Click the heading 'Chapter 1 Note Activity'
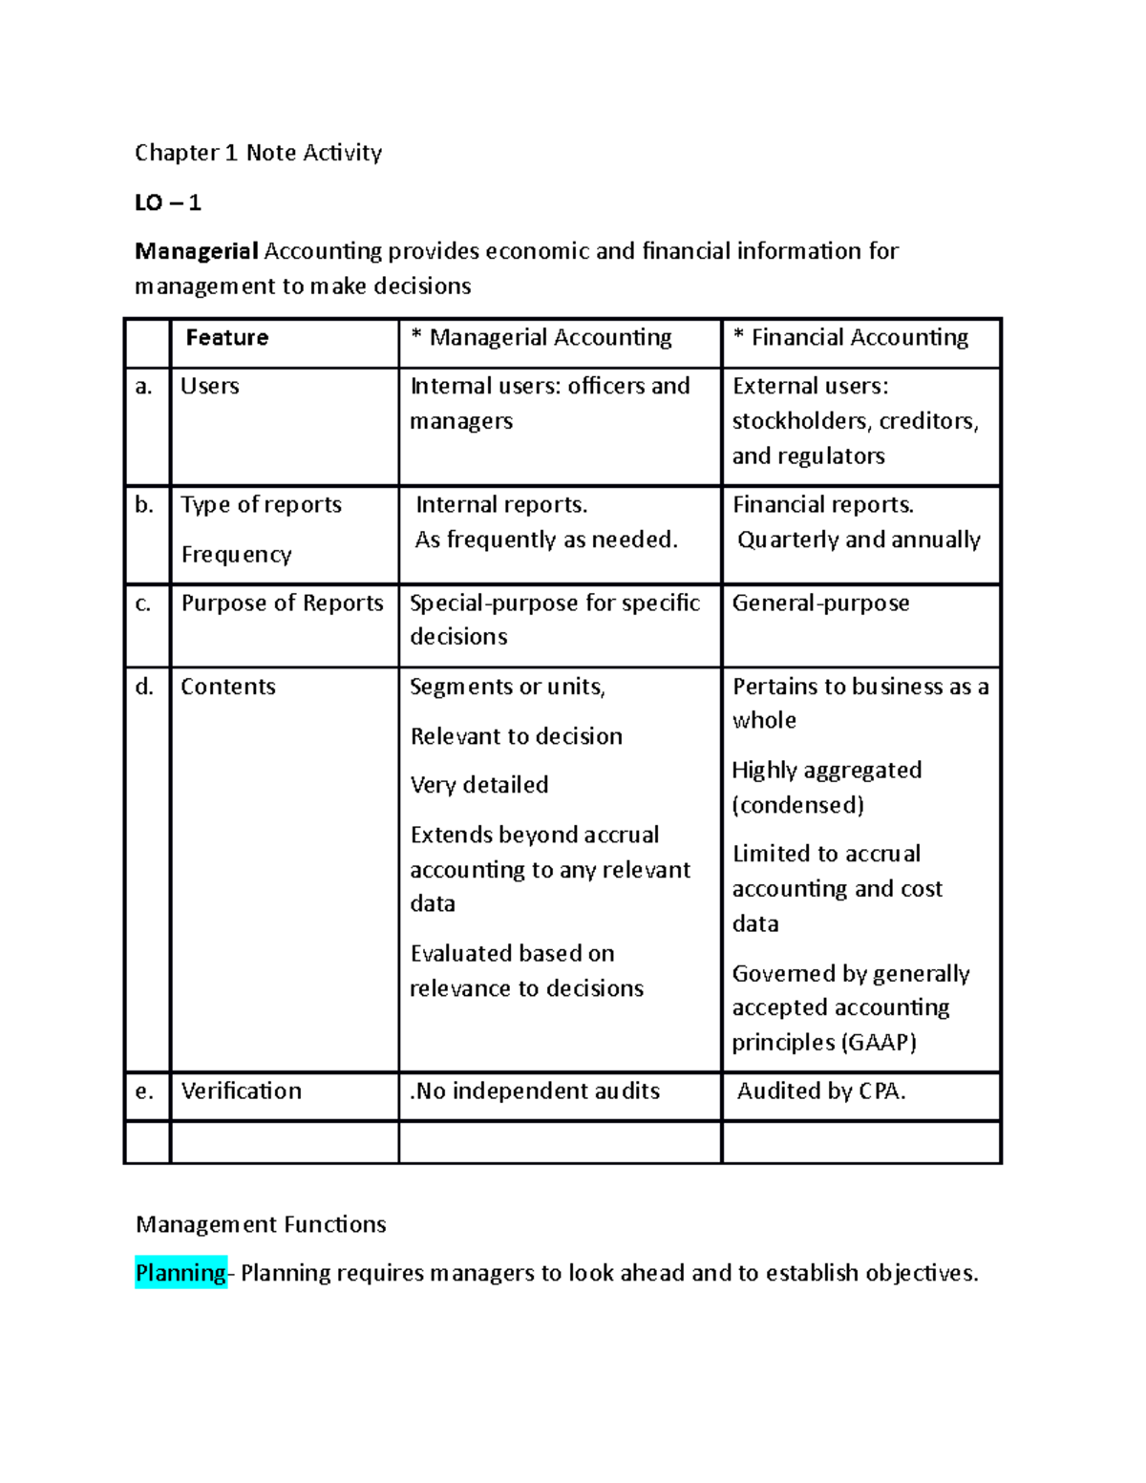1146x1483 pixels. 258,153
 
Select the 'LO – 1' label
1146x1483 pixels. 168,202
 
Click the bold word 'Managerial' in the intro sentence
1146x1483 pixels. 197,251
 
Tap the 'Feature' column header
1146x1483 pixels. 226,338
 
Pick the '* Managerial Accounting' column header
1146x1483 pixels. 541,338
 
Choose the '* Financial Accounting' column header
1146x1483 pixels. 851,338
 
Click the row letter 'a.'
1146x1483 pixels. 144,387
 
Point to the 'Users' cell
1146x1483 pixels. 210,387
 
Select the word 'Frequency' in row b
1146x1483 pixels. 236,555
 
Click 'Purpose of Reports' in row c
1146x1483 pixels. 282,604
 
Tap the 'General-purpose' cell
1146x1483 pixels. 820,604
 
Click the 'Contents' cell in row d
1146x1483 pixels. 228,687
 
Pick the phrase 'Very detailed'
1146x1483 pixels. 479,785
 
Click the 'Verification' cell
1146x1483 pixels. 241,1091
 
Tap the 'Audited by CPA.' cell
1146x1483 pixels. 821,1091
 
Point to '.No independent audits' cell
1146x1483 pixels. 535,1091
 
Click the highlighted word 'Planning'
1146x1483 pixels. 180,1273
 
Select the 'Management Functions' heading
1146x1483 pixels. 261,1224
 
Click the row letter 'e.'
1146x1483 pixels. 144,1091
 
